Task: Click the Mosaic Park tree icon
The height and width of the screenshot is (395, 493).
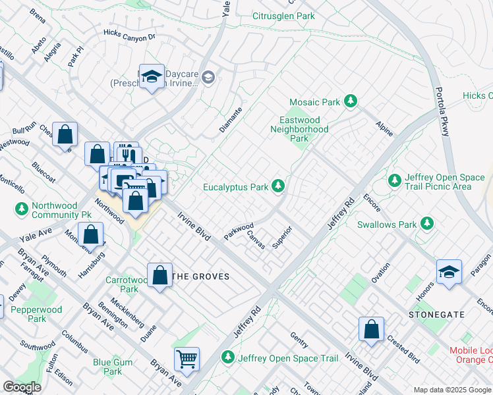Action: pos(352,102)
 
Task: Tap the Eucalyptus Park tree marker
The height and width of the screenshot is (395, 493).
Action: pos(279,187)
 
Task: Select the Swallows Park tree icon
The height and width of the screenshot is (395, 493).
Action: pos(427,224)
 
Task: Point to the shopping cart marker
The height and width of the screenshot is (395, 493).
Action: pos(187,359)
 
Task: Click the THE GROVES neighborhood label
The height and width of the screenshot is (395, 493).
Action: pos(201,276)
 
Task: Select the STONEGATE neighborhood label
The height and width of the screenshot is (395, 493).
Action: pos(432,315)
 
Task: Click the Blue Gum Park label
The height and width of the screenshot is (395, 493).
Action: pos(113,367)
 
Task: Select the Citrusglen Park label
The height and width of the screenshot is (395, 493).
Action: pos(284,16)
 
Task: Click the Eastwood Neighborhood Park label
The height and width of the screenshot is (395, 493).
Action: pos(299,130)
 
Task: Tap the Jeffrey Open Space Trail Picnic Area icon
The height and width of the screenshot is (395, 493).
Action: pos(395,180)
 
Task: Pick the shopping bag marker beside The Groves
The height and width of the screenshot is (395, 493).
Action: pos(160,275)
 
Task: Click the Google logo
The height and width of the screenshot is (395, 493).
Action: pos(22,387)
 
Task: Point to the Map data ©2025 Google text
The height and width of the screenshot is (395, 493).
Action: pos(451,390)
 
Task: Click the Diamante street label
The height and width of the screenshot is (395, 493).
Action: pos(231,119)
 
